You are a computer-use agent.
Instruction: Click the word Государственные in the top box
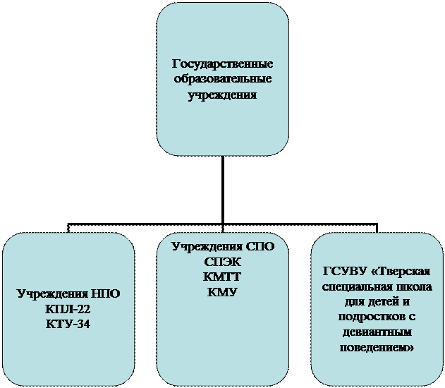[222, 65]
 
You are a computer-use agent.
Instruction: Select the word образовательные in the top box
[222, 79]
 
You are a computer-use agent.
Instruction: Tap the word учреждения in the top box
[222, 93]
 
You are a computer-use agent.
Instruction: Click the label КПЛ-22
[68, 310]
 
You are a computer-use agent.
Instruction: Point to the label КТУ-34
[68, 323]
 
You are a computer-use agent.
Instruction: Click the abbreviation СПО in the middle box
[257, 247]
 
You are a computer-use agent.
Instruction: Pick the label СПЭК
[223, 262]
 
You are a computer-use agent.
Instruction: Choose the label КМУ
[223, 291]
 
